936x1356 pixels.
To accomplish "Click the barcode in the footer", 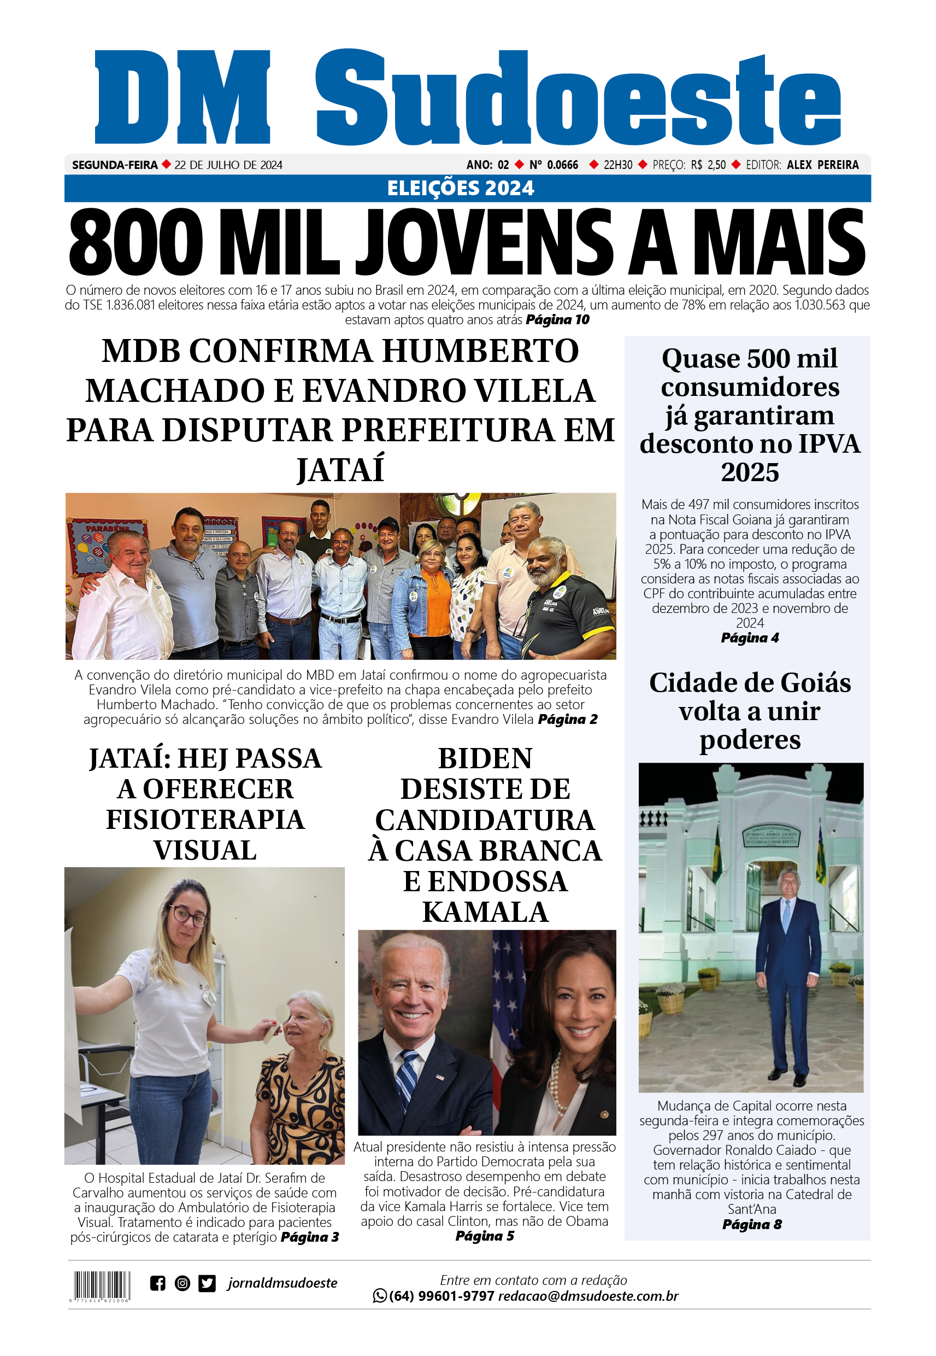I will pos(102,1284).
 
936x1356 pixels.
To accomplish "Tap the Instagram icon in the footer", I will pos(183,1283).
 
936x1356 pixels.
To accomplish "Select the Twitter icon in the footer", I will pos(207,1283).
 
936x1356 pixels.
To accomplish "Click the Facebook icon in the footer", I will pos(157,1283).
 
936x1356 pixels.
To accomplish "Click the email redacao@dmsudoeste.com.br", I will pos(588,1296).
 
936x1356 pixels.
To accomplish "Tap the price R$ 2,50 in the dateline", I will pos(709,165).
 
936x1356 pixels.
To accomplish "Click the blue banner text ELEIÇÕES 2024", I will pos(461,188).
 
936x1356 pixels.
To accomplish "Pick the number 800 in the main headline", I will pos(136,242).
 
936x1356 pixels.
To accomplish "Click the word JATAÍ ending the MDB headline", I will pos(340,470).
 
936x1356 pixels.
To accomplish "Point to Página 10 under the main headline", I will pos(557,320).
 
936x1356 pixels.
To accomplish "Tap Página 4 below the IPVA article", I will pos(750,638).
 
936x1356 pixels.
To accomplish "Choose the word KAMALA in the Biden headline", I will pos(486,912).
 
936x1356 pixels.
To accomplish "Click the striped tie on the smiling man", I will pos(407,1075).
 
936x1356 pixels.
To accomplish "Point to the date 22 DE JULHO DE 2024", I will pos(228,165).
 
